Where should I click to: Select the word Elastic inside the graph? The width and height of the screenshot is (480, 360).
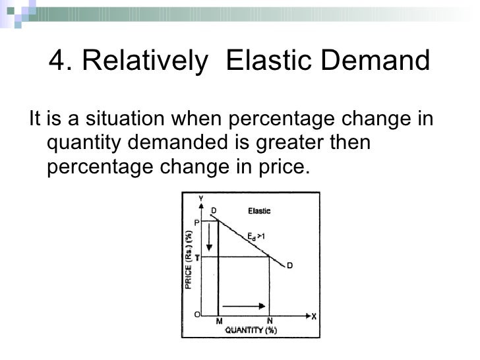[x=259, y=211]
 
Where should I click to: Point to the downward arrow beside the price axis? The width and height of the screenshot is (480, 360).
[x=208, y=238]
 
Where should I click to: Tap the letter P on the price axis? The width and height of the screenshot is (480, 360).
[x=196, y=222]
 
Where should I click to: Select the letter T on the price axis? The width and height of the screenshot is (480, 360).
[x=196, y=258]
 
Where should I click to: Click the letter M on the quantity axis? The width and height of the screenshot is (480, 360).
[x=219, y=322]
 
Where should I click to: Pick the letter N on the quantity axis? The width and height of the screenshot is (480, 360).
[x=269, y=322]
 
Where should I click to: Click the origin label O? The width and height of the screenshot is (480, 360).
[x=196, y=315]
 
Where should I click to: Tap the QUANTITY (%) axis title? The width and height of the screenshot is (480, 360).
[x=251, y=331]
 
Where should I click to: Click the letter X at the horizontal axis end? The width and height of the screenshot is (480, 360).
[x=314, y=315]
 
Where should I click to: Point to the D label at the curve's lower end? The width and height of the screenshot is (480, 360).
[x=289, y=266]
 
